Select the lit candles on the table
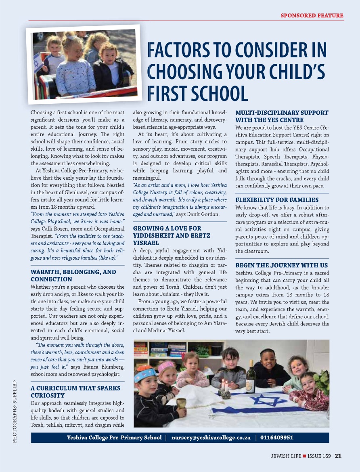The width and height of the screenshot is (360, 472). click(224, 384)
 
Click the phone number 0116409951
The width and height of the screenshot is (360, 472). click(277, 438)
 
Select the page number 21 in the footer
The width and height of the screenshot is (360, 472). click(338, 456)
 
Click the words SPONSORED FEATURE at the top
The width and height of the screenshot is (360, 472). click(312, 16)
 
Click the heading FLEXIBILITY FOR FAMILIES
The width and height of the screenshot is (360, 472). click(277, 200)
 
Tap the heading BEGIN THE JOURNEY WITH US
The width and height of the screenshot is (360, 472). click(281, 265)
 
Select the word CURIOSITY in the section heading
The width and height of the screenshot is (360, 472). click(48, 395)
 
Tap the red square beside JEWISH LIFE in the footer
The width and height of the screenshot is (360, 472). click(305, 456)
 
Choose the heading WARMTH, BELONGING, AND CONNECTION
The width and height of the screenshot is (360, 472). click(73, 275)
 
